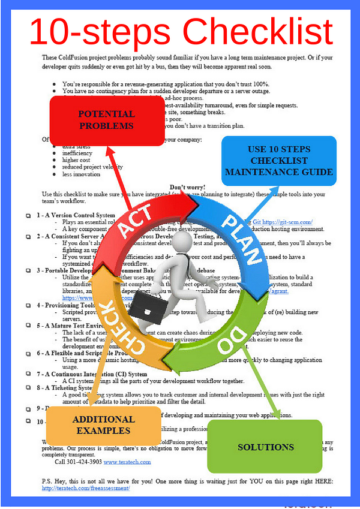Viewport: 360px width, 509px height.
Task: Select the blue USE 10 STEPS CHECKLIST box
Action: pyautogui.click(x=278, y=160)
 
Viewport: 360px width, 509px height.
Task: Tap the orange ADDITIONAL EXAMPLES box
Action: pyautogui.click(x=101, y=425)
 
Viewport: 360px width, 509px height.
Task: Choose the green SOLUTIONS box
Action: pyautogui.click(x=266, y=447)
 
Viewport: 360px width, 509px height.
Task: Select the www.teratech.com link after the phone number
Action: pyautogui.click(x=128, y=462)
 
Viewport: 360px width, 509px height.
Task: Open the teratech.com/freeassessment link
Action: pyautogui.click(x=86, y=488)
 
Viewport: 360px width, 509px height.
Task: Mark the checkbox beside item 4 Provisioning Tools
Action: pyautogui.click(x=28, y=306)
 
